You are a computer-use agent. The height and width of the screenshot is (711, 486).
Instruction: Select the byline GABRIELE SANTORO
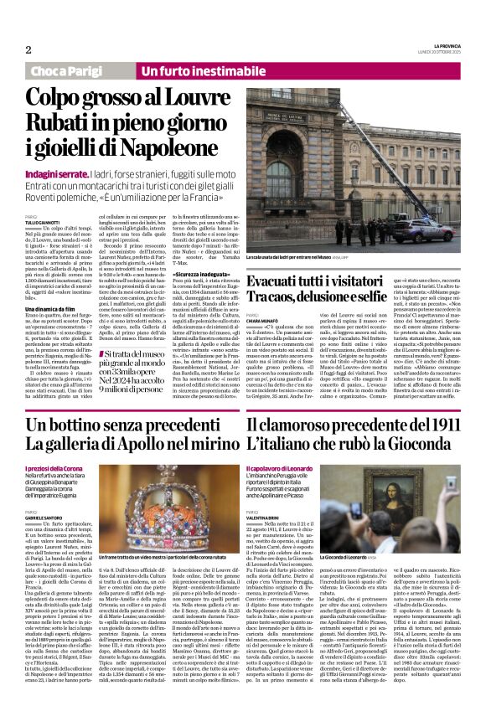click(49, 516)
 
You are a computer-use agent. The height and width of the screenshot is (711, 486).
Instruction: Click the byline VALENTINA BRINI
click(266, 516)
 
